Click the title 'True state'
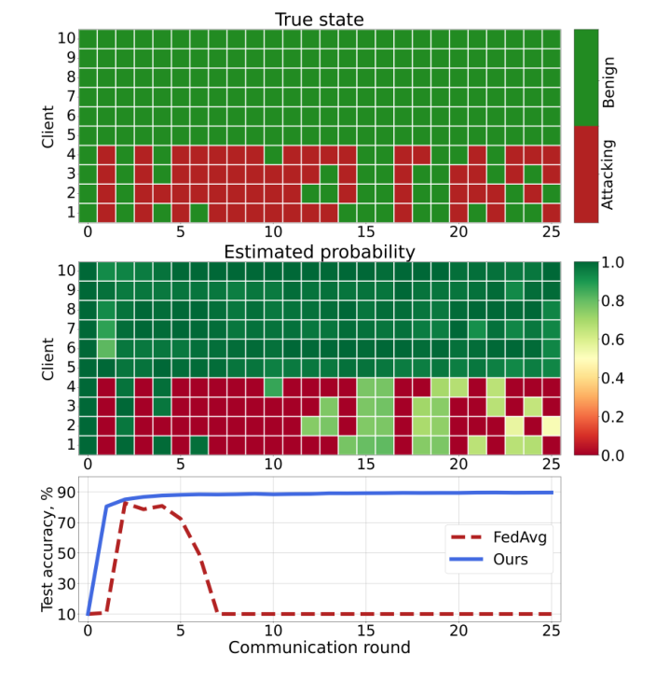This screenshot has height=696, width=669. point(319,20)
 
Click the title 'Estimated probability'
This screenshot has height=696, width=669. point(319,252)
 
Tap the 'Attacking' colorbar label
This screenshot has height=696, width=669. point(609,174)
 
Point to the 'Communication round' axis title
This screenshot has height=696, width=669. point(319,647)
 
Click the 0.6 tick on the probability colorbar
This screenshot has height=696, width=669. point(613,341)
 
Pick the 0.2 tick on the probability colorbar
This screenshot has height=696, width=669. point(613,417)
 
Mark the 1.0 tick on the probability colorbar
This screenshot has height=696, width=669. point(613,264)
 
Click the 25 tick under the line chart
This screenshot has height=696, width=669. point(551,631)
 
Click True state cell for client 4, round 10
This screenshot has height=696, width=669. point(273,154)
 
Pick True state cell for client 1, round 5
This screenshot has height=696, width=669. point(181,212)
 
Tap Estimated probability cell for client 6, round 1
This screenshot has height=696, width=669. point(106,348)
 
